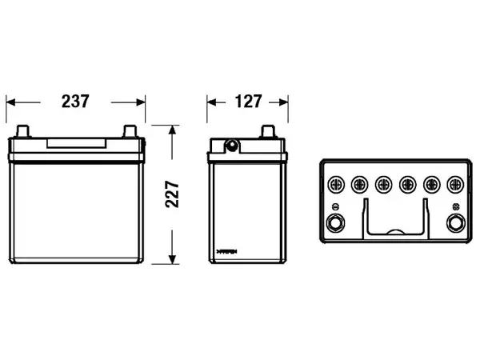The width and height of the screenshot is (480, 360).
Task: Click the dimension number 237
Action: [x=75, y=102]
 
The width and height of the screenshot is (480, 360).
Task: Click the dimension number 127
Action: [x=248, y=102]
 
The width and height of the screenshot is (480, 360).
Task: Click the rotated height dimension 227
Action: [x=172, y=194]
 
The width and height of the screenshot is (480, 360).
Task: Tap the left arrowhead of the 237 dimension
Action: [x=10, y=102]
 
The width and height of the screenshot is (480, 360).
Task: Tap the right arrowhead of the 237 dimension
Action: [x=141, y=102]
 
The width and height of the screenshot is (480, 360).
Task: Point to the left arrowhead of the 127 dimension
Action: [x=212, y=102]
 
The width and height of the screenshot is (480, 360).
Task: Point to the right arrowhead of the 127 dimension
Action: [x=283, y=102]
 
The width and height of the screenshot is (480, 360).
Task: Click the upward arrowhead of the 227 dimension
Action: [x=172, y=130]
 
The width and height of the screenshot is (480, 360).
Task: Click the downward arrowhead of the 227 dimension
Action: [x=172, y=259]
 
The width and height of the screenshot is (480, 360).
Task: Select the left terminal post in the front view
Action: [x=23, y=131]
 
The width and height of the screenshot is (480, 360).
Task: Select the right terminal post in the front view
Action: [x=130, y=131]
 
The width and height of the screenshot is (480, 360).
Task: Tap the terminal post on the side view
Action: [x=268, y=131]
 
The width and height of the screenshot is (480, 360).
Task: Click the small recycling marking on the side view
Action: [x=227, y=252]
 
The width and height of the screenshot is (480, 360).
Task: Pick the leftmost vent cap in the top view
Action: [x=336, y=185]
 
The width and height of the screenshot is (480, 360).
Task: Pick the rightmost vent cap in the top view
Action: [x=455, y=185]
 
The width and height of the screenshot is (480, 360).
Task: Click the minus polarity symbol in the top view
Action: [x=335, y=206]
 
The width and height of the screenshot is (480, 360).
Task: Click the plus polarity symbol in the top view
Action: [x=455, y=206]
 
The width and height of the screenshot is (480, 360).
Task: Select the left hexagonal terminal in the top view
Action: [x=335, y=223]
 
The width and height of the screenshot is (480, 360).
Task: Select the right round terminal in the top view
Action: [x=455, y=223]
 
